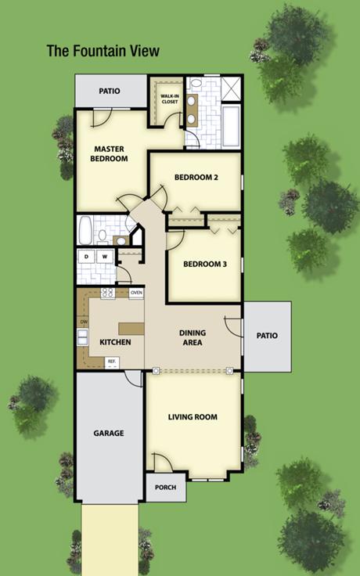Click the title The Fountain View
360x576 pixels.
point(103,51)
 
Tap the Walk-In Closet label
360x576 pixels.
point(169,99)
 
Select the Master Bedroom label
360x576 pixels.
point(109,154)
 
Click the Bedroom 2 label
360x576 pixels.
point(196,178)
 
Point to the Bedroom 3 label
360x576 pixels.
point(205,264)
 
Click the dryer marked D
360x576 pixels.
point(86,257)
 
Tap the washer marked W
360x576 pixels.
point(105,257)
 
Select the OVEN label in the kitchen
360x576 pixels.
point(136,293)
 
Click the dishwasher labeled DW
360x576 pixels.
point(84,322)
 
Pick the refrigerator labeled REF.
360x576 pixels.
point(112,362)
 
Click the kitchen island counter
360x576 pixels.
point(131,329)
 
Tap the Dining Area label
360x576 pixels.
point(193,337)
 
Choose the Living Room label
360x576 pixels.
point(193,417)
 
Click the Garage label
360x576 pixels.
point(108,434)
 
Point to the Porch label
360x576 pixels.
point(165,488)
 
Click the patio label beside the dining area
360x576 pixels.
point(267,336)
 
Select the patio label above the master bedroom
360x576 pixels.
point(110,91)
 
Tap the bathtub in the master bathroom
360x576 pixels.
point(231,125)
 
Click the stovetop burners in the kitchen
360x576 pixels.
point(108,293)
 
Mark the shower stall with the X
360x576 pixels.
point(231,88)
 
